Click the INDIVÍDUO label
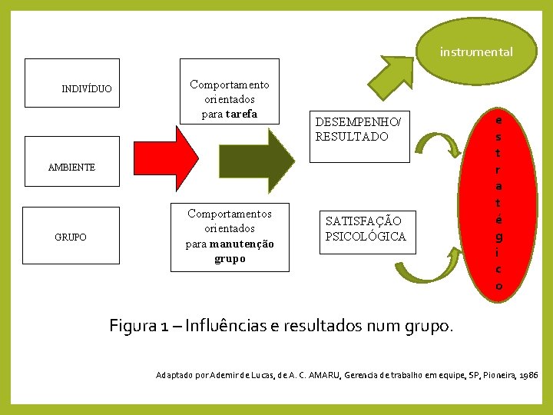(86, 89)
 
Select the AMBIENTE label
(71, 167)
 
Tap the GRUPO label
(71, 237)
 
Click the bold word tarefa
(241, 115)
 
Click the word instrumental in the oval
(476, 52)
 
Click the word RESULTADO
(352, 137)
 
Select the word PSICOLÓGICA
(366, 237)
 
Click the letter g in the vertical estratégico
(499, 235)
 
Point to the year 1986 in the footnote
(528, 375)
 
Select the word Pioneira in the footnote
(495, 375)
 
